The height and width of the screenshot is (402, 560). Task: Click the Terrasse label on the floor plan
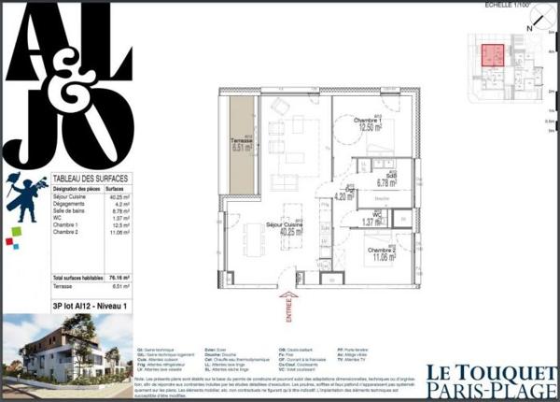click(243, 137)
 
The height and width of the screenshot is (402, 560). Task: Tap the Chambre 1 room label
click(371, 122)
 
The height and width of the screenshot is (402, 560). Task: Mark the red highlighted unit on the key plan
click(493, 54)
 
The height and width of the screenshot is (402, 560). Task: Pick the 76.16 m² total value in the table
click(119, 279)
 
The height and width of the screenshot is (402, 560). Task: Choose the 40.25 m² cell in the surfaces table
click(118, 197)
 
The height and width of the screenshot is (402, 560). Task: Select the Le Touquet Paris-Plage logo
click(491, 378)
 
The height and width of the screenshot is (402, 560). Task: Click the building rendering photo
click(65, 355)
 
